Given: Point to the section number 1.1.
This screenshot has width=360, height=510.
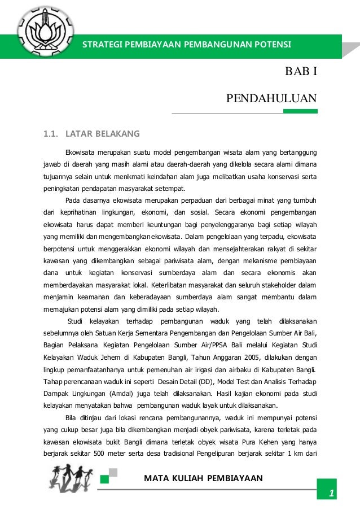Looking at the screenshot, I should pos(51,134).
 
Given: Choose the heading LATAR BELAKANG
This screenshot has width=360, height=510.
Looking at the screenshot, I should pos(102,134).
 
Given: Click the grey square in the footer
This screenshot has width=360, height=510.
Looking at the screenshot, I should pos(113,472).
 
